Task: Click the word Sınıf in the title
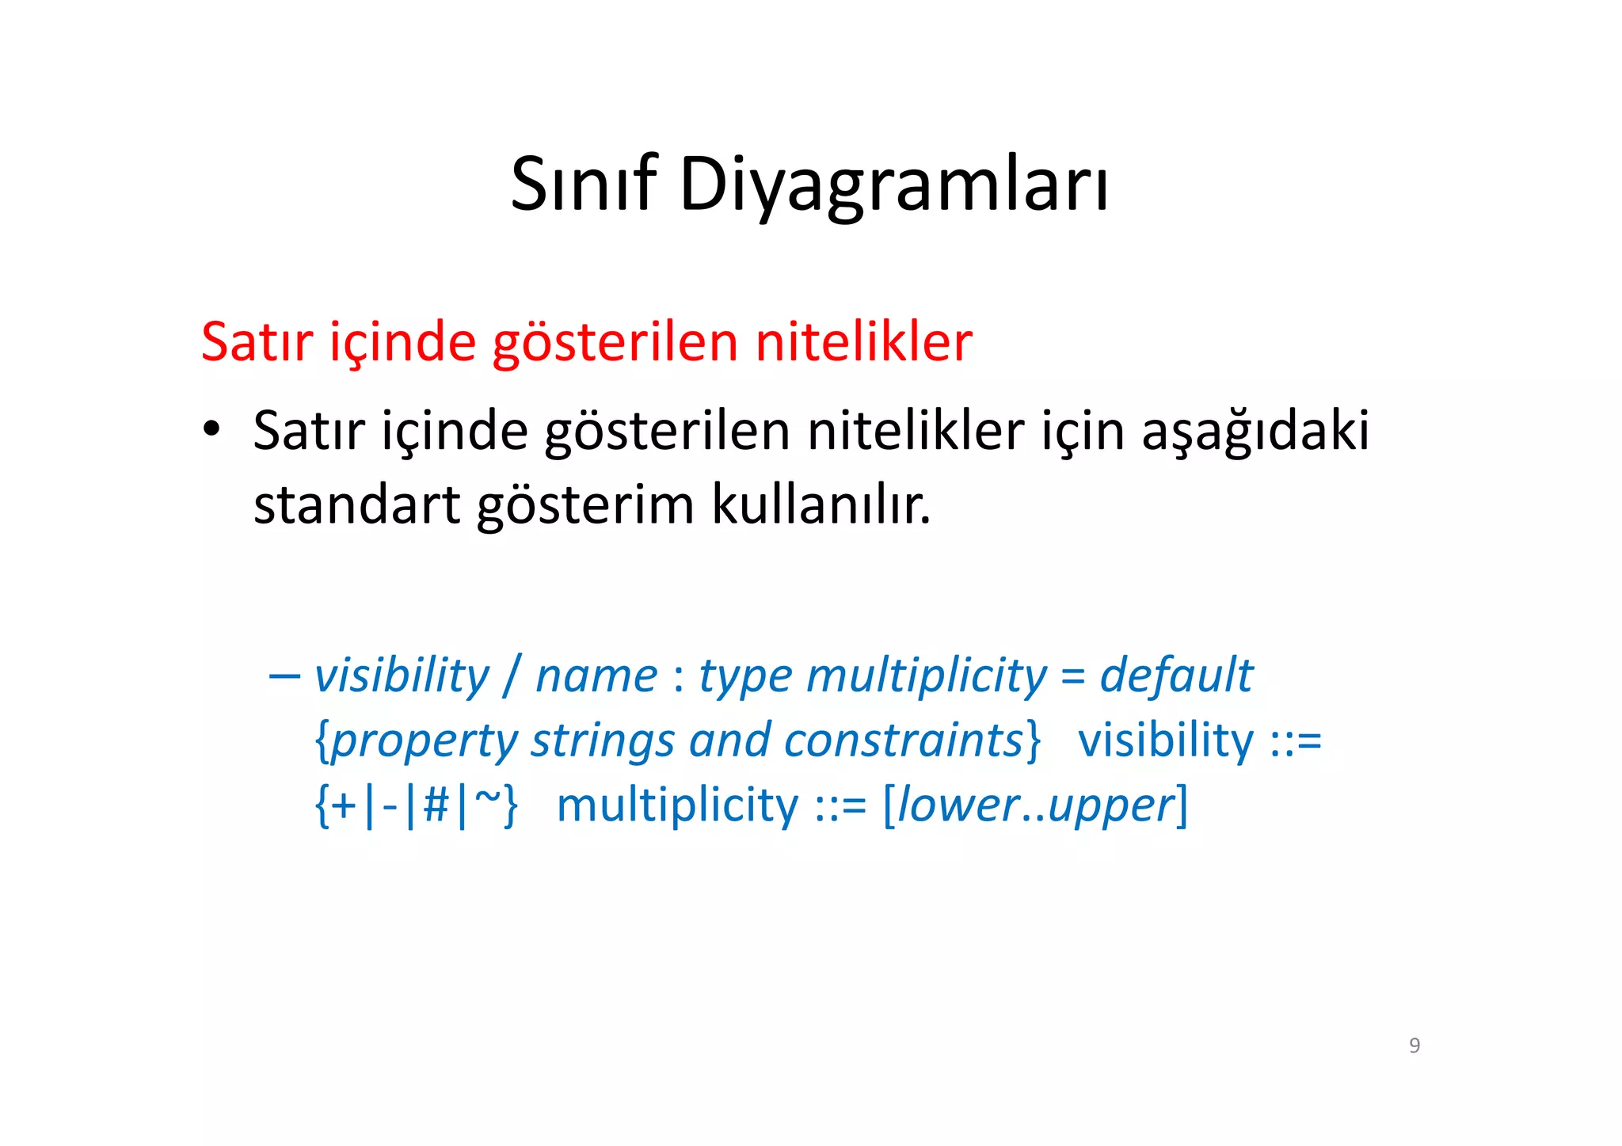[584, 184]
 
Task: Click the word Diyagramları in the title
[893, 185]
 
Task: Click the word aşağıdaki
[1255, 432]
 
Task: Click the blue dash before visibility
[284, 676]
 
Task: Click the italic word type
[744, 678]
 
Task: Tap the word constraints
[904, 741]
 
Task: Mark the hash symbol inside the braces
[436, 805]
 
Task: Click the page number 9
[1414, 1045]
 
